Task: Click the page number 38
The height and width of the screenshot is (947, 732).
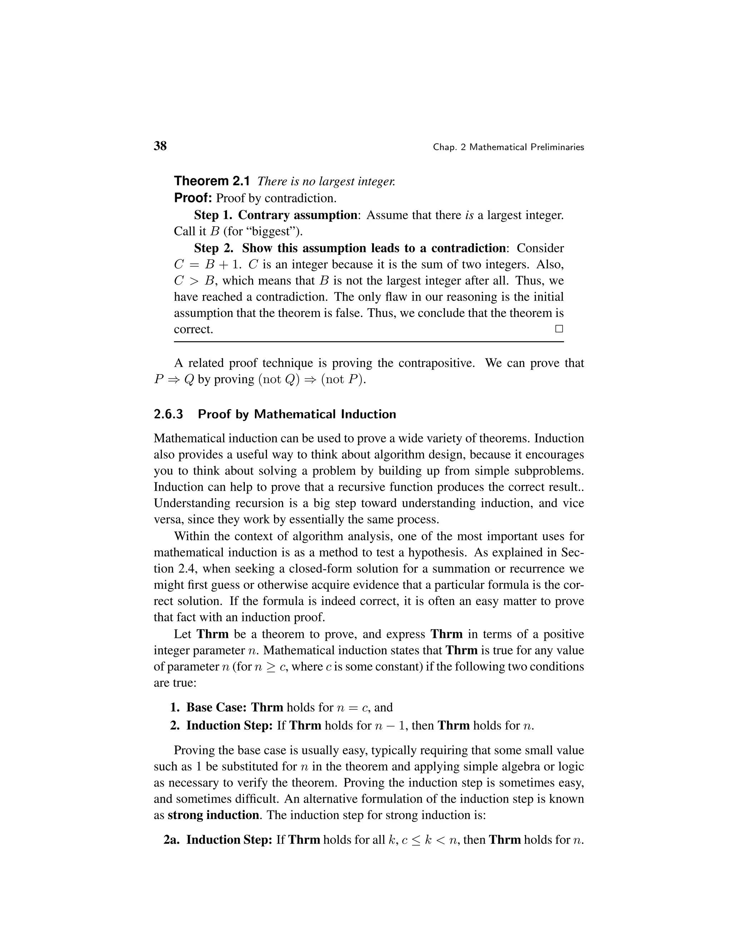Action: pos(160,146)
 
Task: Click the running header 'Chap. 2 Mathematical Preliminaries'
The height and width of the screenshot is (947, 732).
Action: pos(508,148)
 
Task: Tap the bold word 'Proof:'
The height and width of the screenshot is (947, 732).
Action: pos(193,198)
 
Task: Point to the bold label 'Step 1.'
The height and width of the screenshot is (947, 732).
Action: pos(213,215)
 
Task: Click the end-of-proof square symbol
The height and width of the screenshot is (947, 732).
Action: pos(559,329)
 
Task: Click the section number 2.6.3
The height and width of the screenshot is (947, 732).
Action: pos(169,415)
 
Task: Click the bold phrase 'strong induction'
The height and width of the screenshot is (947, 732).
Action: pos(213,815)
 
